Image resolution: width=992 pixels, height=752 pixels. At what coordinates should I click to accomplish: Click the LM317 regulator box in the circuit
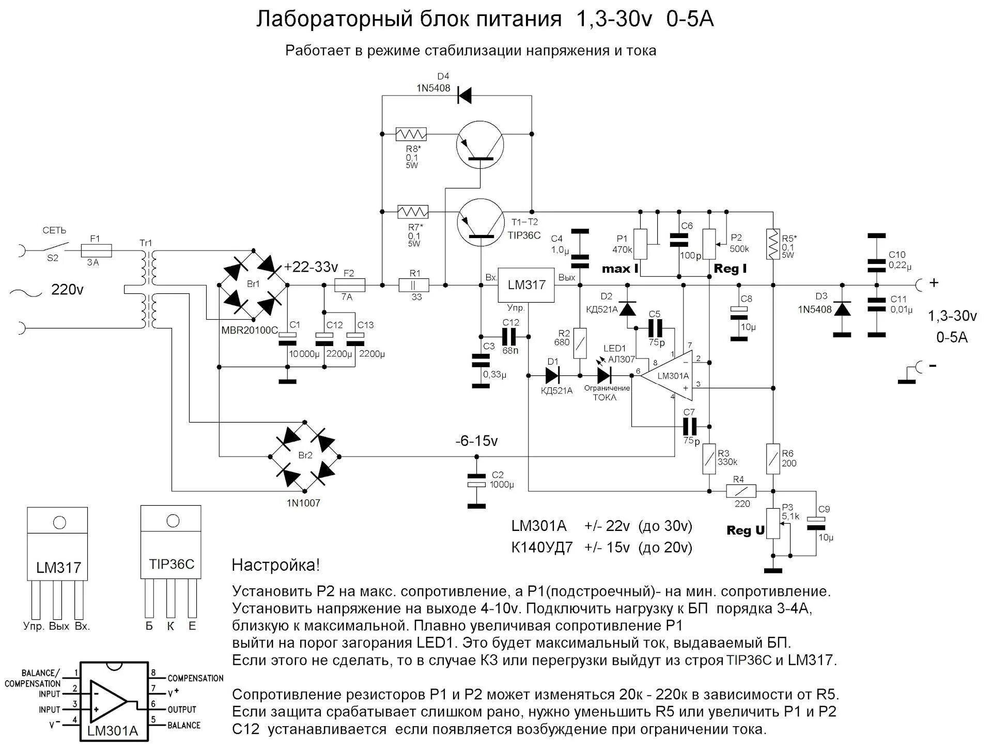click(525, 285)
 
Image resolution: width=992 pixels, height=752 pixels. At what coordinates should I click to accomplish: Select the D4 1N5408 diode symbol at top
click(464, 96)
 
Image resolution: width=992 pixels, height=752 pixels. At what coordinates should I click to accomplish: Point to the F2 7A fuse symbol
click(349, 285)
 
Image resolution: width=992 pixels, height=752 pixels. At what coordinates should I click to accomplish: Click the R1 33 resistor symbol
click(414, 285)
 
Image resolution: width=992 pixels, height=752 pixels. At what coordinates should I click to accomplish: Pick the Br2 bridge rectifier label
click(305, 455)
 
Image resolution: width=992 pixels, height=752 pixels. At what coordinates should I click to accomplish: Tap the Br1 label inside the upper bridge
click(254, 284)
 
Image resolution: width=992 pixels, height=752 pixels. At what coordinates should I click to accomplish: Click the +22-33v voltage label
click(311, 268)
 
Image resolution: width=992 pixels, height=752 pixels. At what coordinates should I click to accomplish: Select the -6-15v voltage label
click(476, 441)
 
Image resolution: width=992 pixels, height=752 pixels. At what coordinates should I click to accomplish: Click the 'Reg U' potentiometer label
click(745, 530)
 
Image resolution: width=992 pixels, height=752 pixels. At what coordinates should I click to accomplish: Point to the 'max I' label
click(620, 269)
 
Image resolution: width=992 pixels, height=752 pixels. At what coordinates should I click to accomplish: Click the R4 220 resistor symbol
click(741, 491)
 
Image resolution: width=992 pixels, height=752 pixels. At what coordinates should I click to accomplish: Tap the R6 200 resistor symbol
click(773, 459)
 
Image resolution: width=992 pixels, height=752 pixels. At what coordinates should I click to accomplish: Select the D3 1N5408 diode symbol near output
click(842, 309)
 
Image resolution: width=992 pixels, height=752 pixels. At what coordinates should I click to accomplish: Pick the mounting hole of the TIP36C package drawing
click(173, 521)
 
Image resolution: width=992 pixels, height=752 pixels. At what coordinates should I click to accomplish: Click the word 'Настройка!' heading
click(276, 565)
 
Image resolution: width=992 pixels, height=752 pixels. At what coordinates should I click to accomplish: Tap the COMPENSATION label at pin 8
click(195, 678)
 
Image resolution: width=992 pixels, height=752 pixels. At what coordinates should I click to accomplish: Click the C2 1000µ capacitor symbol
click(476, 480)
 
